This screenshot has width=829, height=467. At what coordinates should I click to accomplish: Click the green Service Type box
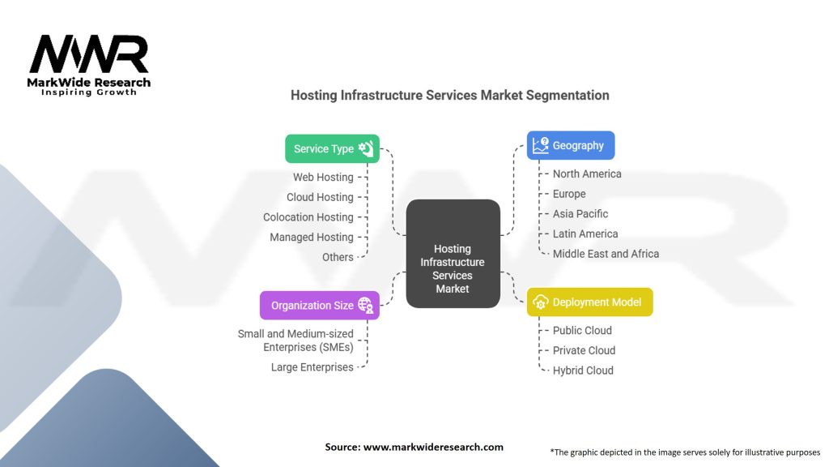(x=332, y=149)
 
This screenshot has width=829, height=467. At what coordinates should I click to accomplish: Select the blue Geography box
(x=571, y=145)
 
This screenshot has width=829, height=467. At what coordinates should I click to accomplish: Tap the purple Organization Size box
(x=319, y=306)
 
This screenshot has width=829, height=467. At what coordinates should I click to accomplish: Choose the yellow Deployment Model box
(x=589, y=302)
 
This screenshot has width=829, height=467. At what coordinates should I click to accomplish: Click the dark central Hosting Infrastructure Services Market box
(x=453, y=254)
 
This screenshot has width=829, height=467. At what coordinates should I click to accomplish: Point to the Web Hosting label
(x=323, y=178)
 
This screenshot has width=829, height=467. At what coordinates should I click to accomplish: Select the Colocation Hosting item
(x=308, y=217)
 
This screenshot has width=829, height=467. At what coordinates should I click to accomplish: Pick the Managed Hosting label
(x=312, y=238)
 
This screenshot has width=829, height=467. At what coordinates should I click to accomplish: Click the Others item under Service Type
(x=338, y=257)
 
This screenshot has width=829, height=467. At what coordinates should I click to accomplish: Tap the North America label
(x=587, y=174)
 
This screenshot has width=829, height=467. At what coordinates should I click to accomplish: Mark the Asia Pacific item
(x=580, y=214)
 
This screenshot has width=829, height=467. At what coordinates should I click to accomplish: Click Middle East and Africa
(x=606, y=254)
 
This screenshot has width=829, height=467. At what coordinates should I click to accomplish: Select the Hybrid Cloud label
(x=583, y=371)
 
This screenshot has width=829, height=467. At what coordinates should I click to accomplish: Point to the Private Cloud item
(x=584, y=350)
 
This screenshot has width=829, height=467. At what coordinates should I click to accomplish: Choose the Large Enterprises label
(x=312, y=367)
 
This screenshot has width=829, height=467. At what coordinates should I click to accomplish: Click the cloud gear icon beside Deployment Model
(x=540, y=302)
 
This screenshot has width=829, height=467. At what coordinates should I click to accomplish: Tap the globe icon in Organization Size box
(x=365, y=305)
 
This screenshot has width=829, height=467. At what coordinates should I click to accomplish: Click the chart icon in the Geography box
(x=540, y=145)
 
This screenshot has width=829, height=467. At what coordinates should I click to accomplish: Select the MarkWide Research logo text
(x=89, y=83)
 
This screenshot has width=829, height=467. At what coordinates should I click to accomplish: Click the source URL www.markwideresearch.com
(x=433, y=447)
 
